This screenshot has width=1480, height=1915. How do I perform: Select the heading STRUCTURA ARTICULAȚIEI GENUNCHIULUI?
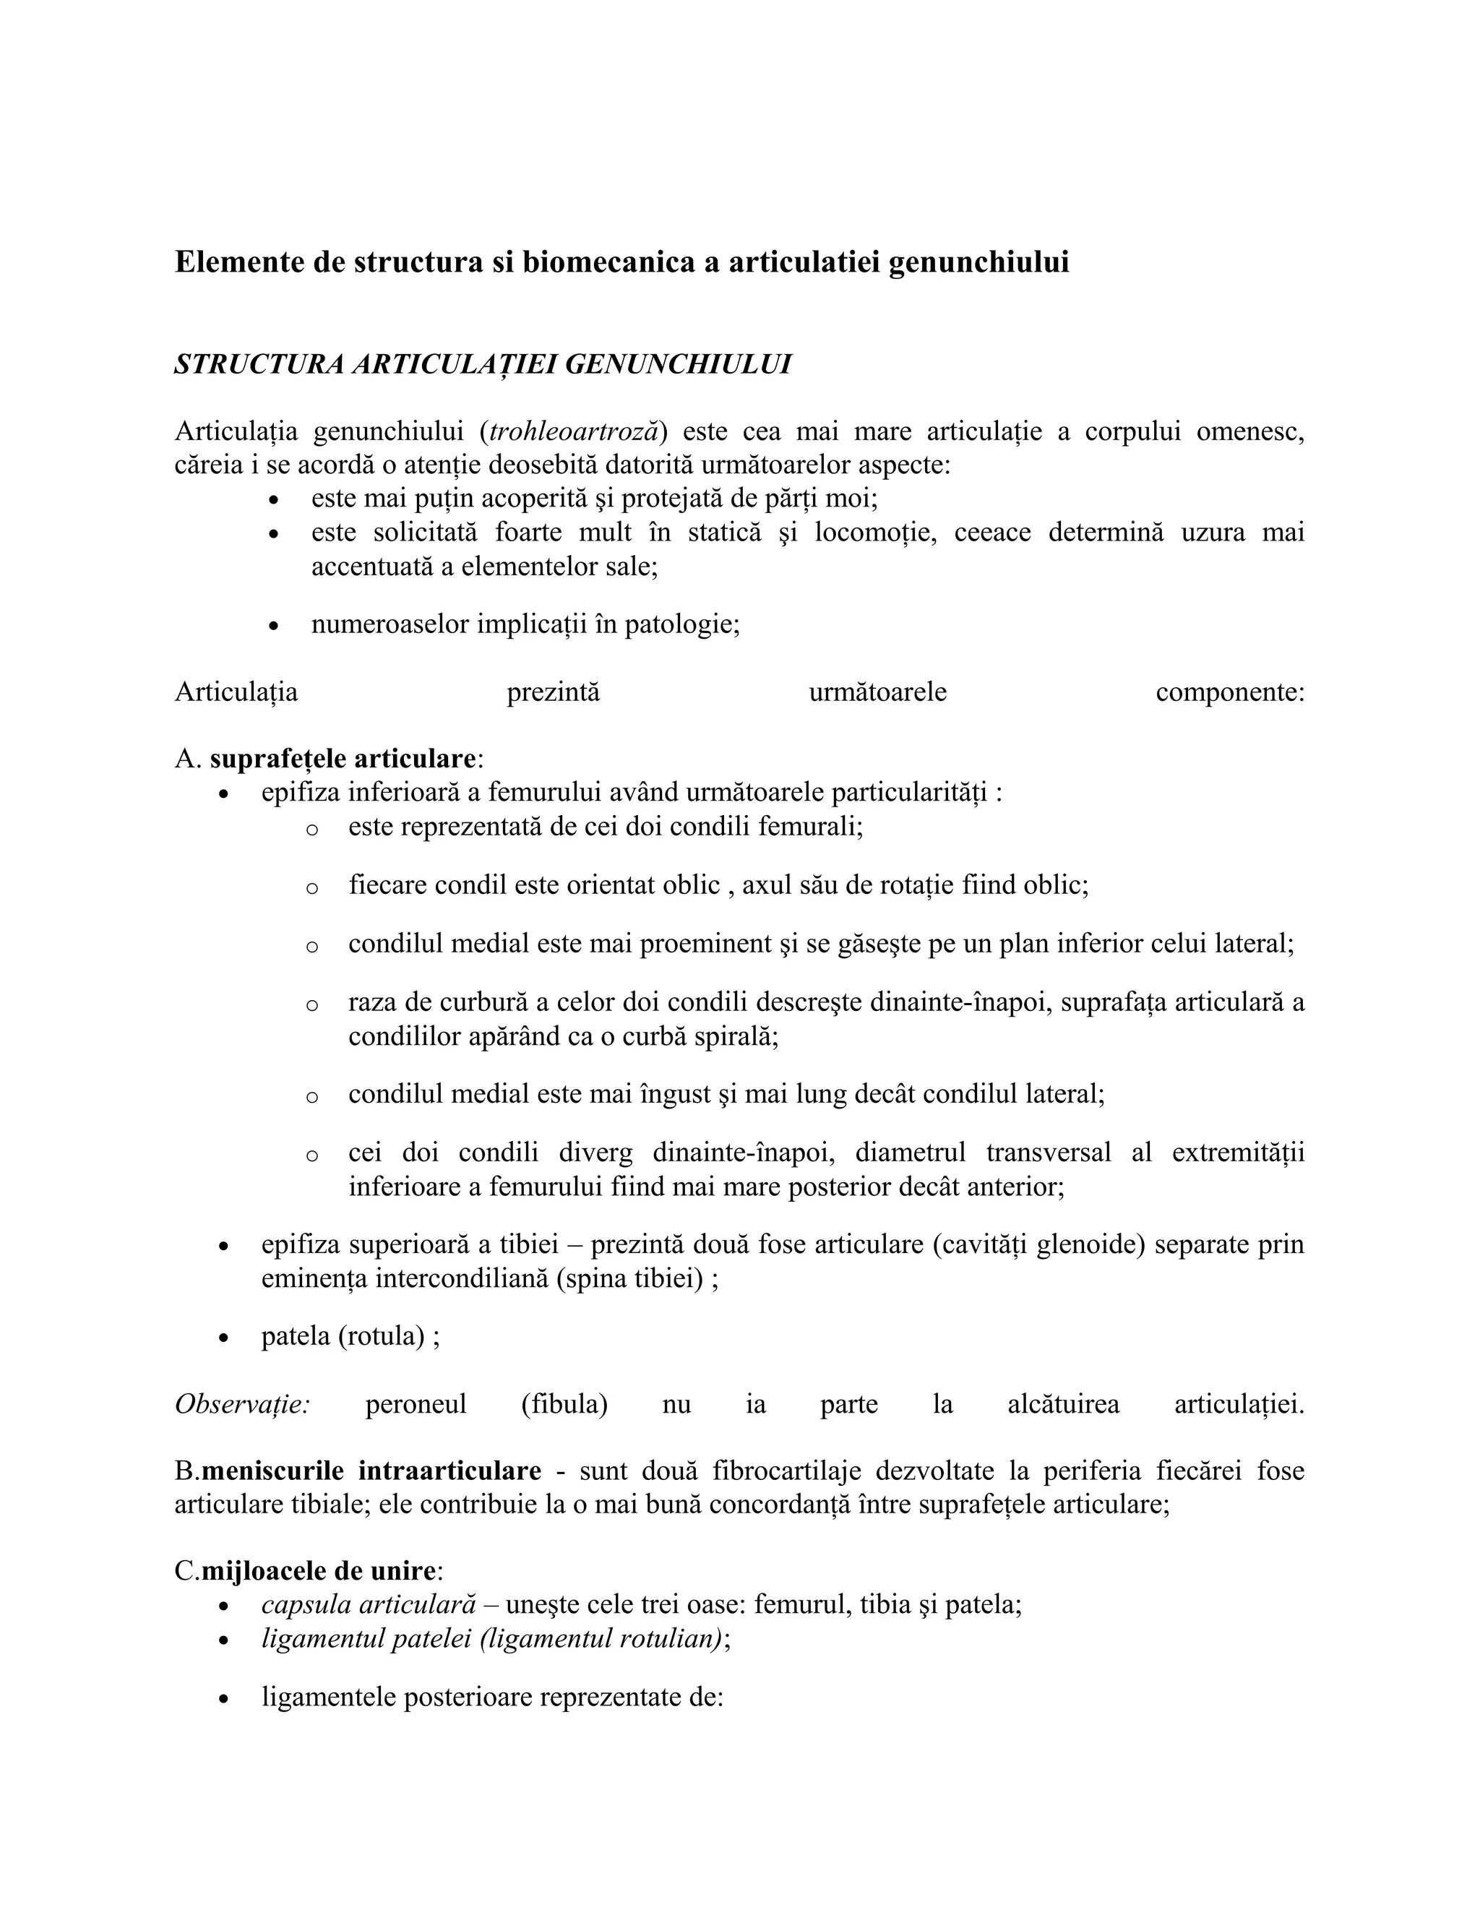[x=482, y=364]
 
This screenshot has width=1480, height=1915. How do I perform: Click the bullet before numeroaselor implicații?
[x=275, y=627]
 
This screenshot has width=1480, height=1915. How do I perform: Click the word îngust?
[x=674, y=1094]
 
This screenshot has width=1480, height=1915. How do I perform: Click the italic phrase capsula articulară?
[x=369, y=1604]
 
